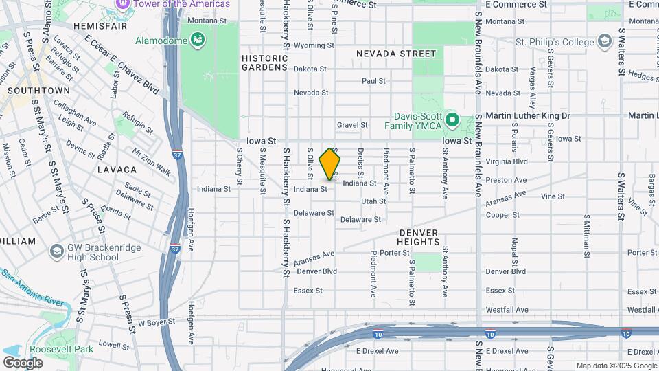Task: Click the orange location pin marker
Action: [x=330, y=164]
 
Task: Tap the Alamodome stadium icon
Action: [x=198, y=41]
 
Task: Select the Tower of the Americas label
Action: [x=181, y=4]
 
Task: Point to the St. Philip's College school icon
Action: [x=604, y=43]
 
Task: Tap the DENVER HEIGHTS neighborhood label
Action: [x=418, y=237]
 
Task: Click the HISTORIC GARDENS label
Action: [x=264, y=63]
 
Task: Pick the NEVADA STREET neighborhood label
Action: [x=396, y=54]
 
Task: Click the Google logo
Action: [x=23, y=362]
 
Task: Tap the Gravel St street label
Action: [x=352, y=125]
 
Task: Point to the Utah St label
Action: [x=373, y=201]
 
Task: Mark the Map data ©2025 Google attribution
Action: [x=616, y=366]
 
